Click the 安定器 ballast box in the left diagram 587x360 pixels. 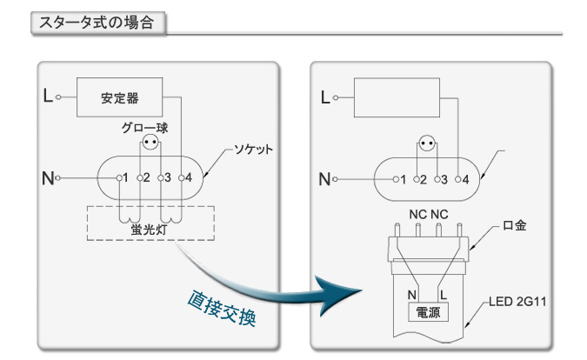coord(119,97)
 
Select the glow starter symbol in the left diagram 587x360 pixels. coord(151,143)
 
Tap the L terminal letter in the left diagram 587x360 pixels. coord(47,97)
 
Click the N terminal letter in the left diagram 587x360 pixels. coord(47,179)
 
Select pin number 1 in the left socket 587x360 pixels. coord(125,178)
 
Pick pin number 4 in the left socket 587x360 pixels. coord(187,178)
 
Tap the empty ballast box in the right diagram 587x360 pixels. coord(396,97)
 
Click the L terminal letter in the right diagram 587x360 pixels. coord(325,97)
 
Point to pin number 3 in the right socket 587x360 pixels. coord(443,179)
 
